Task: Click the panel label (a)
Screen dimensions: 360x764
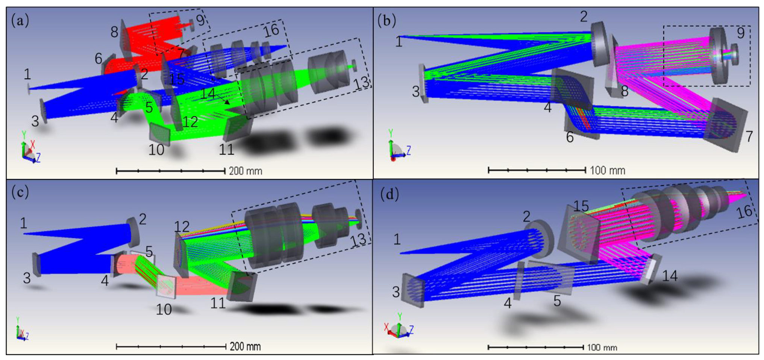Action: tap(20, 20)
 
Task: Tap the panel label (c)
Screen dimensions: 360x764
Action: tap(20, 192)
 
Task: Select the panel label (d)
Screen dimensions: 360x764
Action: tap(390, 194)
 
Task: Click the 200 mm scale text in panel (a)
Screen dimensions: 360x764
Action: tap(246, 171)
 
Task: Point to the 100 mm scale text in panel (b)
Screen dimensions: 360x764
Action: tap(607, 170)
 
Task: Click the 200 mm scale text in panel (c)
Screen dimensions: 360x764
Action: tap(245, 346)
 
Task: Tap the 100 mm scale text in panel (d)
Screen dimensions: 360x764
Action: tap(602, 348)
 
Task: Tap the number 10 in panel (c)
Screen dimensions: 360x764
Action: tap(164, 310)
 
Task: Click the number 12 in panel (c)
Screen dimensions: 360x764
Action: tap(182, 226)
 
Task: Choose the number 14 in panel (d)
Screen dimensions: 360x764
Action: tap(670, 276)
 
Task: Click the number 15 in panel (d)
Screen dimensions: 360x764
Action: tap(581, 206)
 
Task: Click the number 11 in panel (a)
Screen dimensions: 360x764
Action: tap(227, 150)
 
